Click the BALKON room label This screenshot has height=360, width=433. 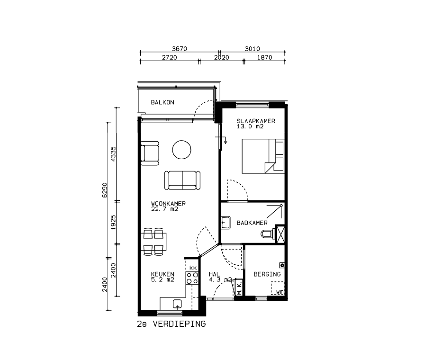(162, 102)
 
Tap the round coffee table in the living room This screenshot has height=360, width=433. (182, 150)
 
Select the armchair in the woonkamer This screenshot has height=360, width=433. (150, 153)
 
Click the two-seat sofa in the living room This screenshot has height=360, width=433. (182, 180)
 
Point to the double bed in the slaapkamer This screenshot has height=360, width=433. (263, 156)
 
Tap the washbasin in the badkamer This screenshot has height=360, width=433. (226, 223)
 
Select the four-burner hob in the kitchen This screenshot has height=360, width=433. (192, 278)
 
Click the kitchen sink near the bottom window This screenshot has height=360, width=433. (177, 304)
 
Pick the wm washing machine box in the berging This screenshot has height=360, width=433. (278, 288)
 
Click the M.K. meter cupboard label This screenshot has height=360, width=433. (239, 288)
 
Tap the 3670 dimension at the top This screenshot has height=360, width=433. (180, 49)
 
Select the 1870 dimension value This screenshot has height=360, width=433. (264, 57)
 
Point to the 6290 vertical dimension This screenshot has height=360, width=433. (104, 190)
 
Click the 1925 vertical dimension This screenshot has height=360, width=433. (113, 223)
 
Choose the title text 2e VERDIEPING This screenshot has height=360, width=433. (171, 324)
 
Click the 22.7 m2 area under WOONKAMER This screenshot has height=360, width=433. (164, 209)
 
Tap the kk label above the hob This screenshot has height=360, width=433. (193, 268)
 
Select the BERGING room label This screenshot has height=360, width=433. (267, 274)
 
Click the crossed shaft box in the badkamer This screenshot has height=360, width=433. (280, 234)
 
